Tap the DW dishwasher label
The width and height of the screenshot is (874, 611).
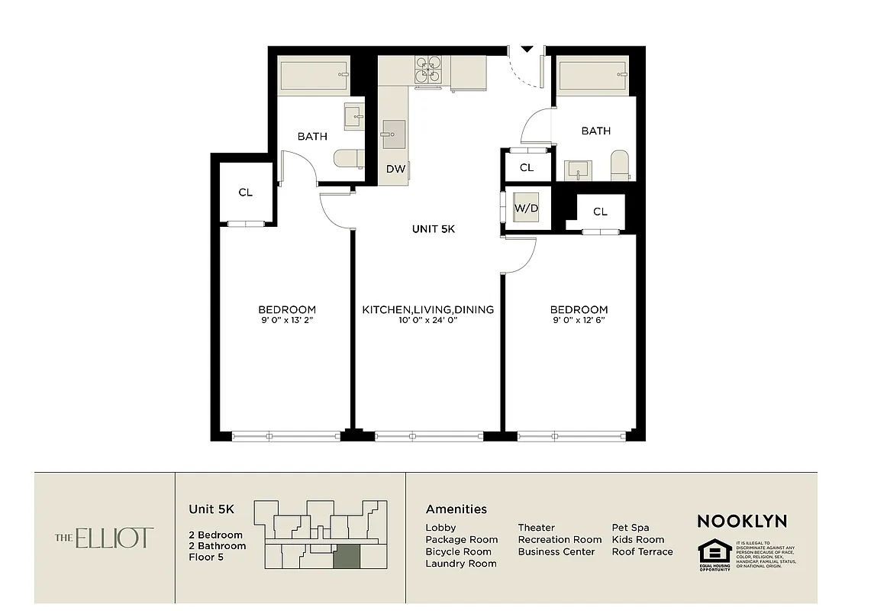[x=395, y=170]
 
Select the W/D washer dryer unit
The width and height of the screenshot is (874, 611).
[x=526, y=208]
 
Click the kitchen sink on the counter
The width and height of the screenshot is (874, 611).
[x=394, y=134]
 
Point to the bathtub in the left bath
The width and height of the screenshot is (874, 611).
[x=313, y=76]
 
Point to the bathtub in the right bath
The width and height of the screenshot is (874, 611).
[x=593, y=76]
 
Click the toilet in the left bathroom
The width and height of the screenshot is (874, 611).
[x=348, y=158]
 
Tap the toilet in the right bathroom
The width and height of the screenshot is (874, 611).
[x=619, y=165]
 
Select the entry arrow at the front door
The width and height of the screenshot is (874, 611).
[x=527, y=50]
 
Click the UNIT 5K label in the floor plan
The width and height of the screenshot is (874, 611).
[x=433, y=229]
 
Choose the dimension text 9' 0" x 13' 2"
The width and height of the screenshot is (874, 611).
[x=286, y=321]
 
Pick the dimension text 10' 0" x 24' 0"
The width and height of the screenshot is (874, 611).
[x=427, y=321]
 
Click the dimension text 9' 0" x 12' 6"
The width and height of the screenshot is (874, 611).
[x=579, y=321]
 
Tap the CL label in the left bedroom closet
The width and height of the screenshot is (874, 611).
[x=245, y=192]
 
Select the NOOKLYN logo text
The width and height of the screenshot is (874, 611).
[x=741, y=522]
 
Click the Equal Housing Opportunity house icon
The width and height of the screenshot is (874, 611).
[x=714, y=551]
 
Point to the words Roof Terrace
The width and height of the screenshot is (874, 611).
[x=642, y=551]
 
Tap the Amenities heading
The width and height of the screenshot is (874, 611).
[x=456, y=509]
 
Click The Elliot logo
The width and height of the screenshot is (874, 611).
[x=105, y=538]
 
